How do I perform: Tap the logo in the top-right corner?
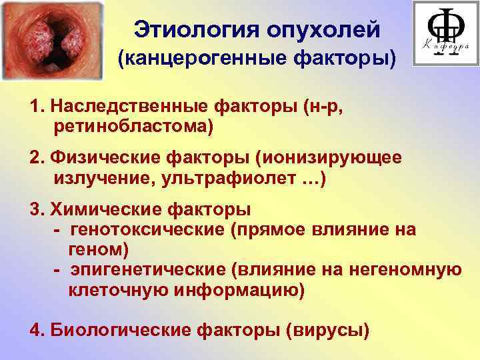[445, 33]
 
